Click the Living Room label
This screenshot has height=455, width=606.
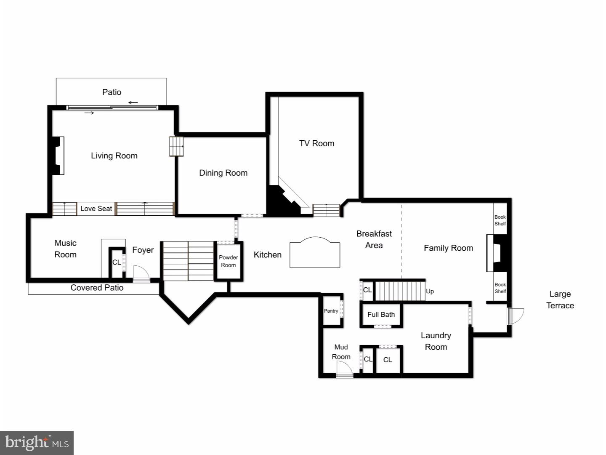pos(114,155)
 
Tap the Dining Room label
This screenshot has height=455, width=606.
pos(223,173)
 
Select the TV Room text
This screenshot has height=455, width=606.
pos(316,143)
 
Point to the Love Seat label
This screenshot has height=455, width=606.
pos(96,209)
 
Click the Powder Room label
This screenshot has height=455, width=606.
pos(228,261)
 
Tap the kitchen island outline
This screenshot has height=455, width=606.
pos(314,253)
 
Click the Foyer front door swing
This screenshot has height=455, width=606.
pos(141,273)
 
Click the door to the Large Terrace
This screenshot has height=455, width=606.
pos(515,316)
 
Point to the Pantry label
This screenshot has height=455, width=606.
pos(331,311)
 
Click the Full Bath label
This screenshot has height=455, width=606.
pos(381,314)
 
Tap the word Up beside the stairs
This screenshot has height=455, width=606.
pos(430,291)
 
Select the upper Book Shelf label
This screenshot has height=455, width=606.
pos(500,220)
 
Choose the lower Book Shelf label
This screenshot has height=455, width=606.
pos(500,288)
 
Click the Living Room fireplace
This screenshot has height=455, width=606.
pos(56,155)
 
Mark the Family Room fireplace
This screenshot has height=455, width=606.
pos(499,253)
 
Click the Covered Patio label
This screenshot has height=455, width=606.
pos(97,288)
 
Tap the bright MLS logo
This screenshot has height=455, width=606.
pos(37,443)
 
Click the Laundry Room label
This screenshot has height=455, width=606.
pos(436,341)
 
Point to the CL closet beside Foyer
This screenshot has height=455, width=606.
pos(117,262)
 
